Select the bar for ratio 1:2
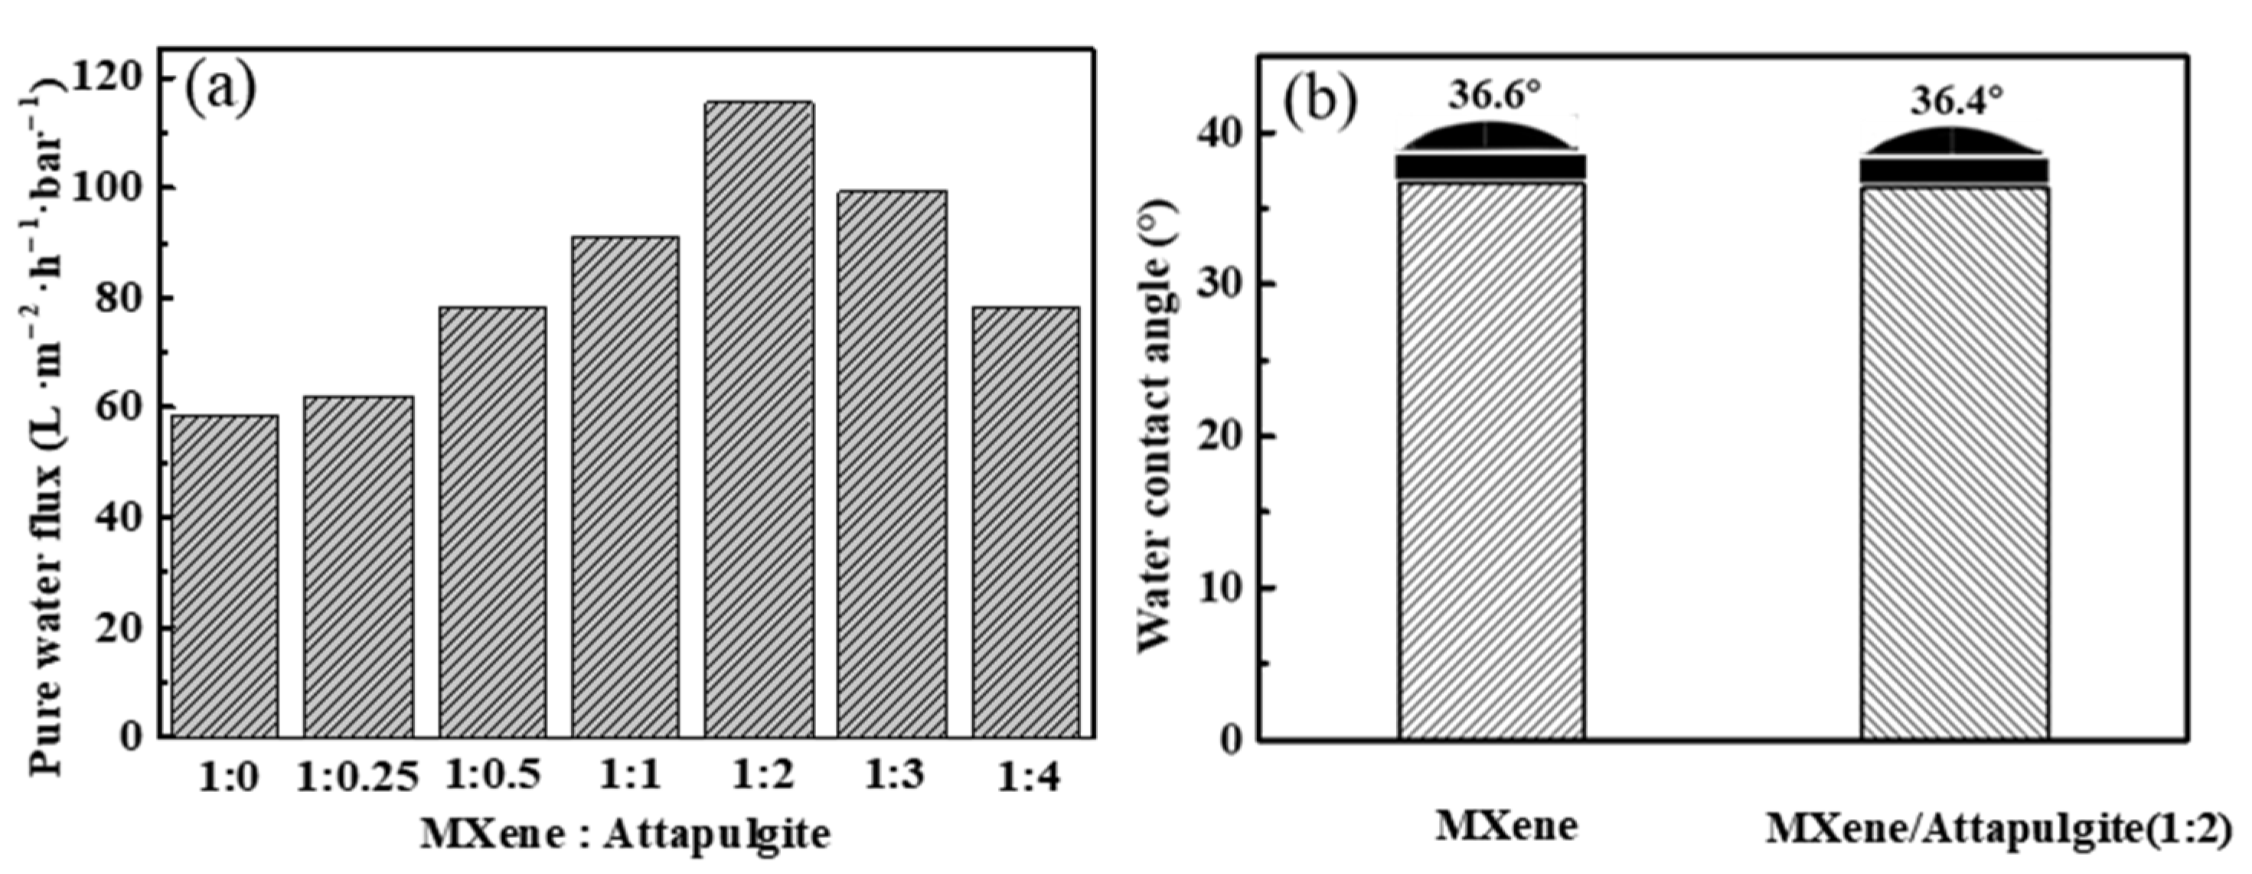coord(759,419)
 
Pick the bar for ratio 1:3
coord(892,463)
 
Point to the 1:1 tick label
coord(626,775)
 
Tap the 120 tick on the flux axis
coord(109,79)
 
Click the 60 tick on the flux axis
coord(119,408)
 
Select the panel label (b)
coord(1320,103)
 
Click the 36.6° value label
coord(1493,95)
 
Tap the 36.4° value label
coord(1955,101)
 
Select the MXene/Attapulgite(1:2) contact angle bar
coord(1954,463)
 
